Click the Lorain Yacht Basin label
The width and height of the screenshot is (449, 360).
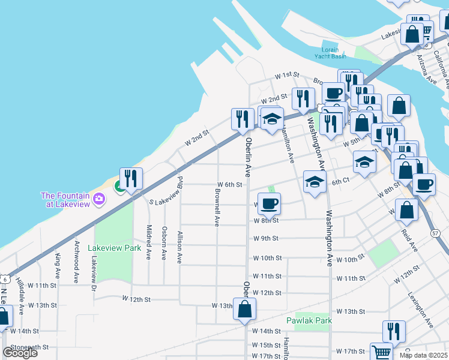click(x=330, y=53)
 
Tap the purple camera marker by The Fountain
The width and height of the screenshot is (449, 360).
click(x=99, y=200)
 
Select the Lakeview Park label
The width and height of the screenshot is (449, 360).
click(x=114, y=247)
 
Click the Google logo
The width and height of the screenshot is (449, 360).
click(x=20, y=353)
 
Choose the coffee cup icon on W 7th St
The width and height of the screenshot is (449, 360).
click(x=269, y=203)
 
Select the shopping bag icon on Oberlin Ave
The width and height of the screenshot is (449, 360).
click(x=244, y=309)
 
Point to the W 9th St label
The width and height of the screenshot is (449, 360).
click(x=265, y=238)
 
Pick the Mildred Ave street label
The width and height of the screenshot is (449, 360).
click(x=149, y=242)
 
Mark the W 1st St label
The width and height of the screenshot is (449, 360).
click(x=287, y=75)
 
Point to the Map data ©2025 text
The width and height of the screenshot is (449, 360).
click(x=423, y=355)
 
